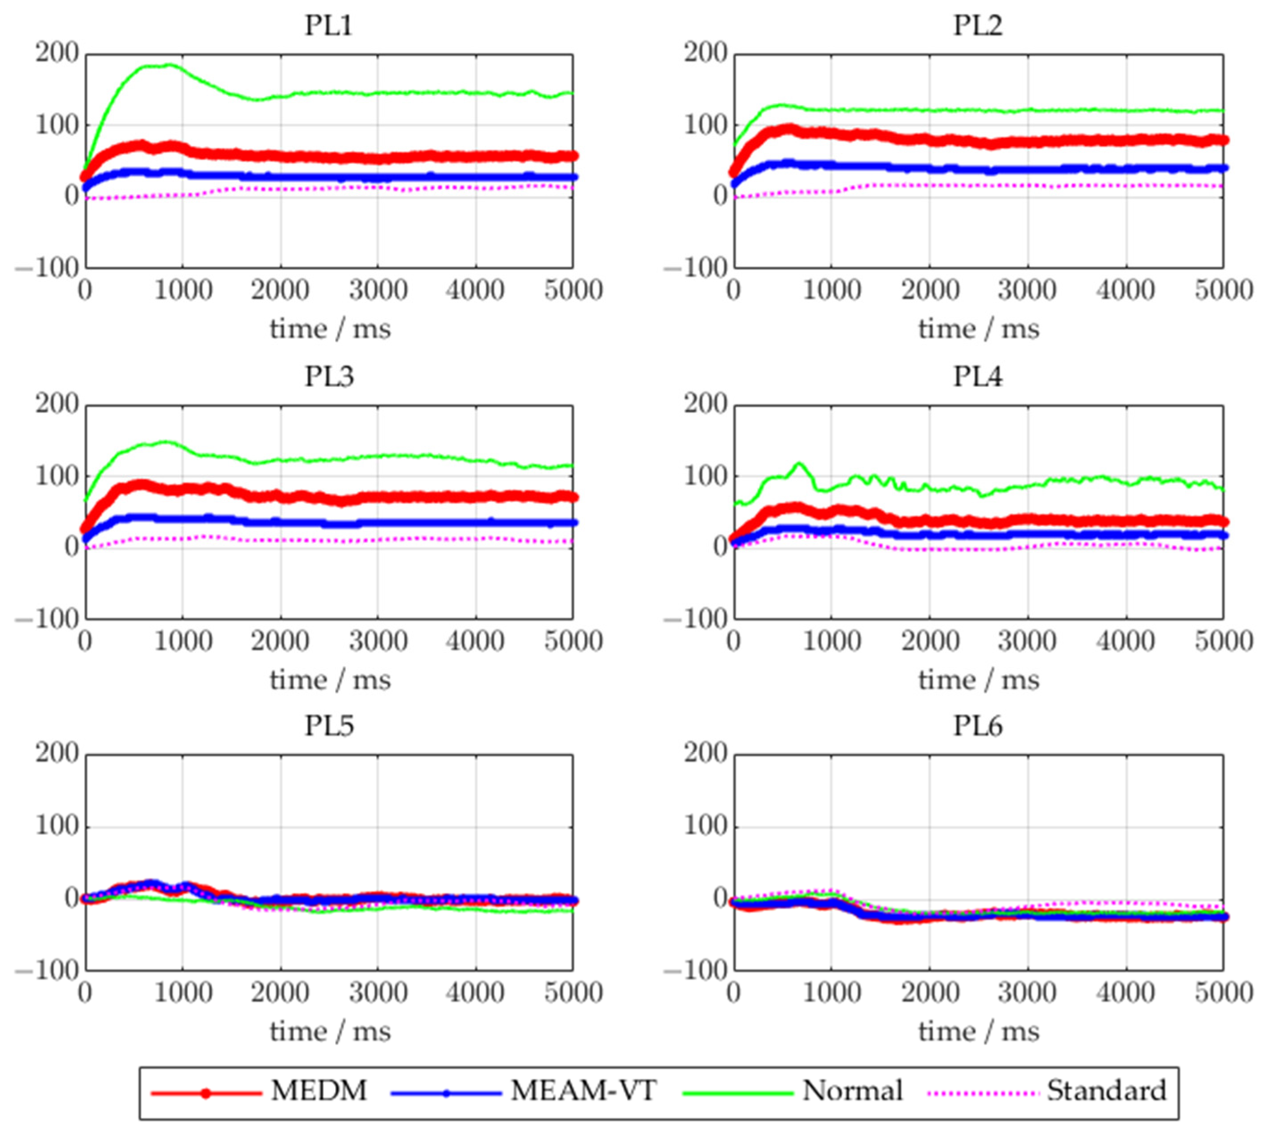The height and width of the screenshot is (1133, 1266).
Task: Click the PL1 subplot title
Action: click(328, 26)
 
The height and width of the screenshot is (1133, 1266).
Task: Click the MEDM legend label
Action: click(319, 1091)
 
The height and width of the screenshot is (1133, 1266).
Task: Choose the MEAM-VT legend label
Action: click(583, 1091)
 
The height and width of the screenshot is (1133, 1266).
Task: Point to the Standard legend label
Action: click(1106, 1091)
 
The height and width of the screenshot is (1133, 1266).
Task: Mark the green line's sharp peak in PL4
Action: click(799, 463)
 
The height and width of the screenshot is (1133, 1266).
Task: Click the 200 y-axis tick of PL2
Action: click(706, 54)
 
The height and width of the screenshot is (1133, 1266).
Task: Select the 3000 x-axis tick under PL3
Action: click(378, 642)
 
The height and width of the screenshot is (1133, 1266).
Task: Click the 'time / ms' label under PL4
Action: click(979, 680)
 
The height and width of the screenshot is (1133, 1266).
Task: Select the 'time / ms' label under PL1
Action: click(330, 329)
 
